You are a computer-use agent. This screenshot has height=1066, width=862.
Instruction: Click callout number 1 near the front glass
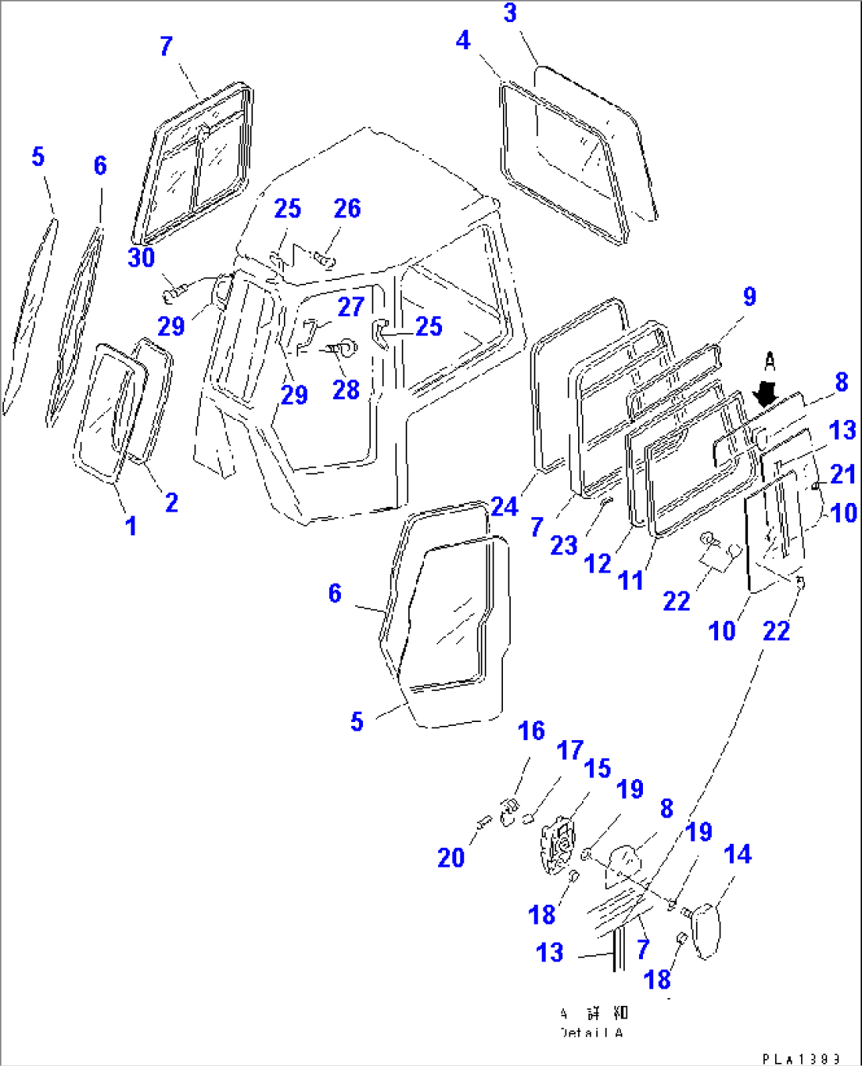tap(131, 525)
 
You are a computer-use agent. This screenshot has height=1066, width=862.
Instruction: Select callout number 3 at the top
tap(510, 13)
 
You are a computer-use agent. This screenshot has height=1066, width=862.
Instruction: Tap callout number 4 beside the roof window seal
tap(463, 40)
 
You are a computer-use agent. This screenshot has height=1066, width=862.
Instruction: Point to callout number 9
tap(749, 297)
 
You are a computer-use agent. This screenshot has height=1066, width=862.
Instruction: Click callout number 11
tap(630, 580)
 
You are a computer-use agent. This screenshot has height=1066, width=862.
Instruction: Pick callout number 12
tap(597, 564)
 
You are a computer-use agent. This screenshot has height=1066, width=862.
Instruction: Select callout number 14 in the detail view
tap(737, 854)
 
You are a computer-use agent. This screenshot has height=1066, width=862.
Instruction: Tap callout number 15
tap(597, 769)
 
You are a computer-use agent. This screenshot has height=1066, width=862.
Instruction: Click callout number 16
tap(531, 731)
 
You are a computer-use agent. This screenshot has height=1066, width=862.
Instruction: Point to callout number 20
tap(451, 857)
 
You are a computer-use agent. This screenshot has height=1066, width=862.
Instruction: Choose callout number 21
tap(842, 474)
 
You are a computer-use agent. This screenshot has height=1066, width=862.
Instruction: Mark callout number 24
tap(504, 506)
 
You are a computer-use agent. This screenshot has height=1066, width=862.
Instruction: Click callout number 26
tap(347, 209)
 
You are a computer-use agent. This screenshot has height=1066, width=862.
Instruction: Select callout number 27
tap(351, 306)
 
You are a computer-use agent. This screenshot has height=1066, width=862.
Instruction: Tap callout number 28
tap(346, 390)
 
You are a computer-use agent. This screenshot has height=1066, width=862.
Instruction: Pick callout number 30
tap(142, 258)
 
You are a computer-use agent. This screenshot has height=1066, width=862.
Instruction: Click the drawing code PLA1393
tap(800, 1058)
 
